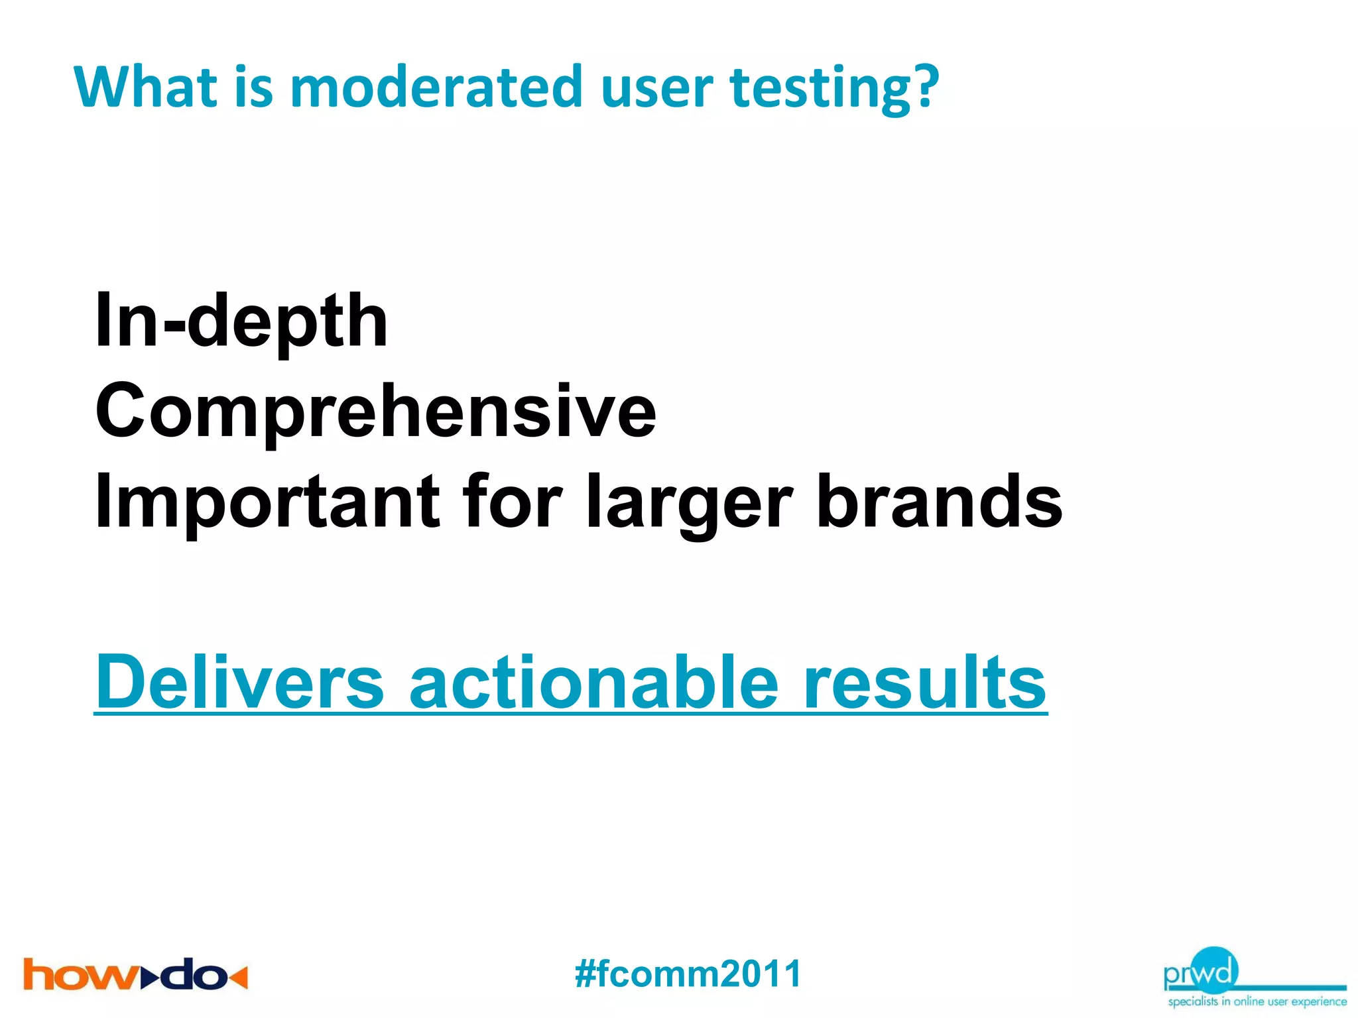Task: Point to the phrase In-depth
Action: (x=241, y=322)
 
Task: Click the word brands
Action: (x=939, y=502)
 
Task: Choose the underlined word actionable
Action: (x=593, y=683)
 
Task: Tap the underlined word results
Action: (x=924, y=683)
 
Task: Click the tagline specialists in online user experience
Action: (x=1257, y=1001)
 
